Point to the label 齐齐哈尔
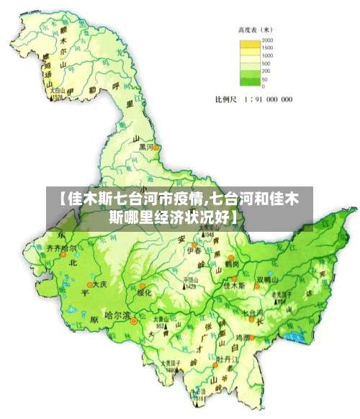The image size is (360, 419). point(61,248)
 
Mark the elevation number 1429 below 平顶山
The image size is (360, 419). point(190,286)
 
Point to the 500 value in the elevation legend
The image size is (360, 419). point(266,63)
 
